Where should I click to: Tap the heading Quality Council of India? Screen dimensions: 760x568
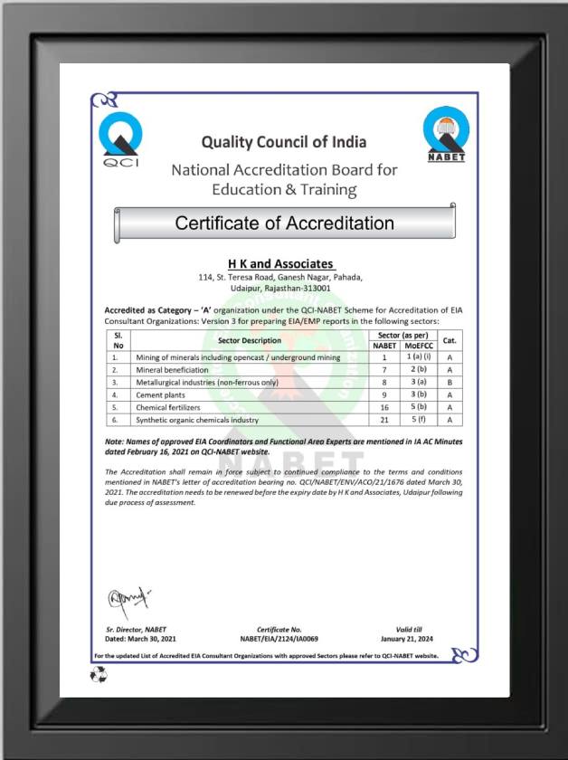click(284, 142)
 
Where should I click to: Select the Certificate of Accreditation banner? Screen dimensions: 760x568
click(284, 223)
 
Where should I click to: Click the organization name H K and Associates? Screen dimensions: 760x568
click(279, 263)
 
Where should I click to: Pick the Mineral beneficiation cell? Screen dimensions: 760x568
click(173, 370)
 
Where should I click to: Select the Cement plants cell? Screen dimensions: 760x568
click(162, 395)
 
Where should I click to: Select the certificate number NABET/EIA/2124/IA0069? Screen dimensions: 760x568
click(287, 639)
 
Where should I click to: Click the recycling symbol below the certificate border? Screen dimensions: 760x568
click(98, 674)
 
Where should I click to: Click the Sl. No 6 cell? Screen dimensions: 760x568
click(116, 421)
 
